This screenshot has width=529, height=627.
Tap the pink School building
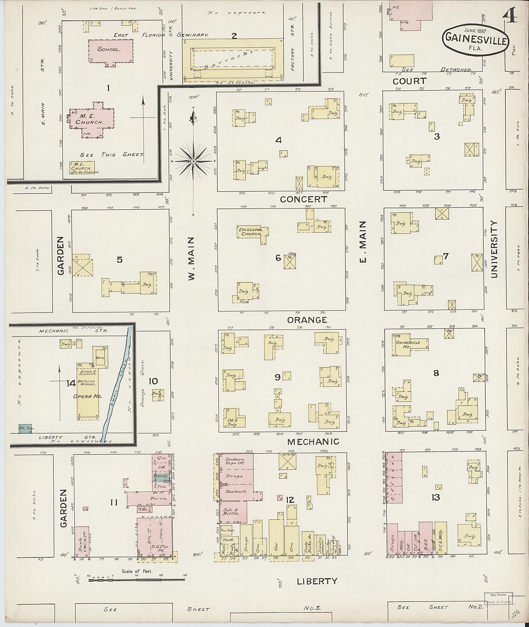pos(111,51)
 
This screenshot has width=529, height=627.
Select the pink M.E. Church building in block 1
pos(91,120)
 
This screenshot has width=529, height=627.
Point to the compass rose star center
pos(193,161)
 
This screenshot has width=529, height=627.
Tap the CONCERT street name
pos(303,199)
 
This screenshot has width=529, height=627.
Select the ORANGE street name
pos(307,320)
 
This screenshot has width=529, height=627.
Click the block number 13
pos(435,497)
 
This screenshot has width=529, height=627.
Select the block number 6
pos(278,258)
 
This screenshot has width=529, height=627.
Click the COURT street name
pos(409,81)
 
